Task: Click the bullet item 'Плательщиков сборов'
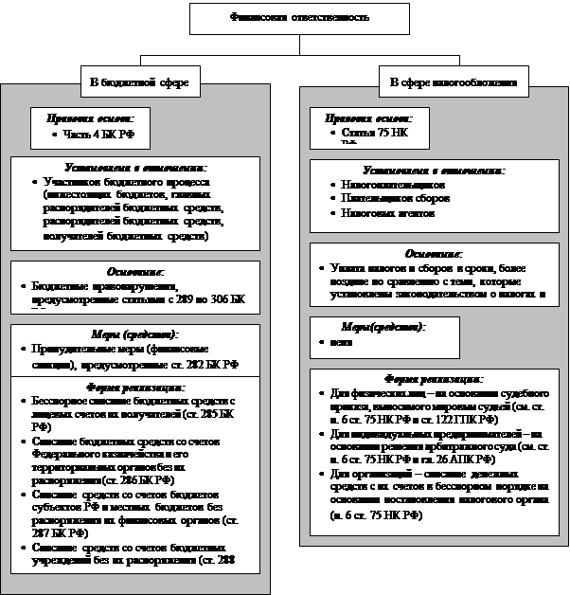click(389, 199)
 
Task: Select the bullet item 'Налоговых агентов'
click(380, 213)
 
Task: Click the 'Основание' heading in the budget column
click(133, 269)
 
